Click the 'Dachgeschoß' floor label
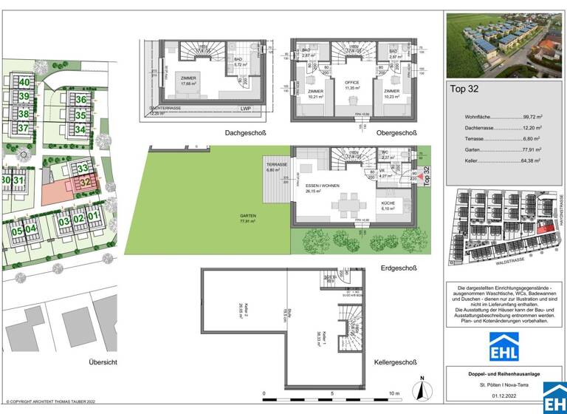point(245,133)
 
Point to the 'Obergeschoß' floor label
point(396,133)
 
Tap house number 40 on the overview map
point(24,82)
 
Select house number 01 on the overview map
point(92,217)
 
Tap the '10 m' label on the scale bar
point(394,393)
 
